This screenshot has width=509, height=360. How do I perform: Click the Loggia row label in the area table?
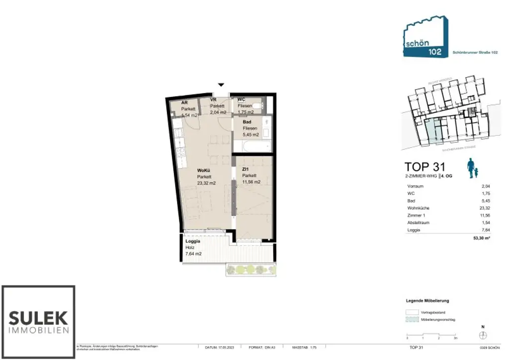coord(413,230)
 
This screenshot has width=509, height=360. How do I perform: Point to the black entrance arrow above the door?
coord(221,86)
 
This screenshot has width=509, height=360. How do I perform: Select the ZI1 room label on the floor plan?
coord(246,170)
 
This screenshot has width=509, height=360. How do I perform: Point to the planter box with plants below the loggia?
coord(251,270)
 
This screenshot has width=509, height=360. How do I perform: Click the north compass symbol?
coord(482,335)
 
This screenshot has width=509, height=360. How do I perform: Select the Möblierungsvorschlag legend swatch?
coord(413,320)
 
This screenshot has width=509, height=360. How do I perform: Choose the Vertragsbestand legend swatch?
coord(413,311)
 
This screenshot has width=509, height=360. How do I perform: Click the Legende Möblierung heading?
coord(427,301)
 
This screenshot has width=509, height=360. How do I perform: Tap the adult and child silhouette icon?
coord(473,169)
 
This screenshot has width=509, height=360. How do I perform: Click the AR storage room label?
coord(184,102)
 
